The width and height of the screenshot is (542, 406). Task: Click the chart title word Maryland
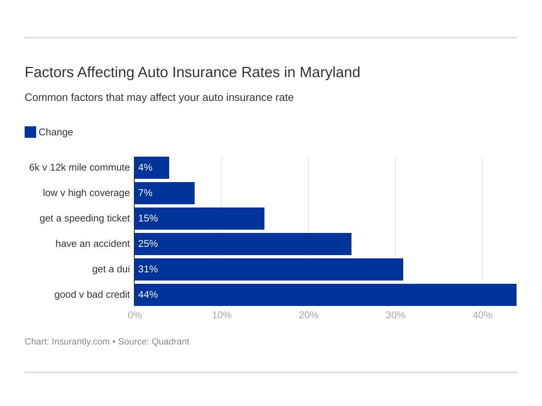(330, 72)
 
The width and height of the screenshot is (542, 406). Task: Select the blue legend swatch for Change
(30, 132)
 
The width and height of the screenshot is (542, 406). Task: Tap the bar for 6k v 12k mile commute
(152, 168)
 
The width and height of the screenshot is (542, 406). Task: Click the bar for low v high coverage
(164, 193)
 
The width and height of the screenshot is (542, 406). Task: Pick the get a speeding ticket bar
(199, 219)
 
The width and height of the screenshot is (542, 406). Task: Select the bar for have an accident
(243, 244)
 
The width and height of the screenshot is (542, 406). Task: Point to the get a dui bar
(269, 269)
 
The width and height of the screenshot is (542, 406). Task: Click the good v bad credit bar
(325, 295)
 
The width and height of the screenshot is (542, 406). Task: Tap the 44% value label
(148, 295)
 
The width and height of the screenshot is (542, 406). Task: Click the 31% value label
(148, 269)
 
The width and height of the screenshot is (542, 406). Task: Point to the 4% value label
(145, 168)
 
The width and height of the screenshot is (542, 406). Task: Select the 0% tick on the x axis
(135, 315)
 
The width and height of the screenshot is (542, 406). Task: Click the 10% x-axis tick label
(222, 315)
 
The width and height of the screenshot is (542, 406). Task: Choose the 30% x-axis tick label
(395, 315)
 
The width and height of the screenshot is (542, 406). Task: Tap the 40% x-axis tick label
(482, 315)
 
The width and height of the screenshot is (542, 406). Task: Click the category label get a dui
(111, 269)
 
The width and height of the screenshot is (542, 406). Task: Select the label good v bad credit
(92, 295)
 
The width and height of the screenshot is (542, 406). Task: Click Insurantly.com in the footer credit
(80, 342)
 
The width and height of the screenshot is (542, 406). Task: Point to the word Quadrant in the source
(170, 342)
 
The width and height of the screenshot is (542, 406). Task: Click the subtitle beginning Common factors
(159, 98)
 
